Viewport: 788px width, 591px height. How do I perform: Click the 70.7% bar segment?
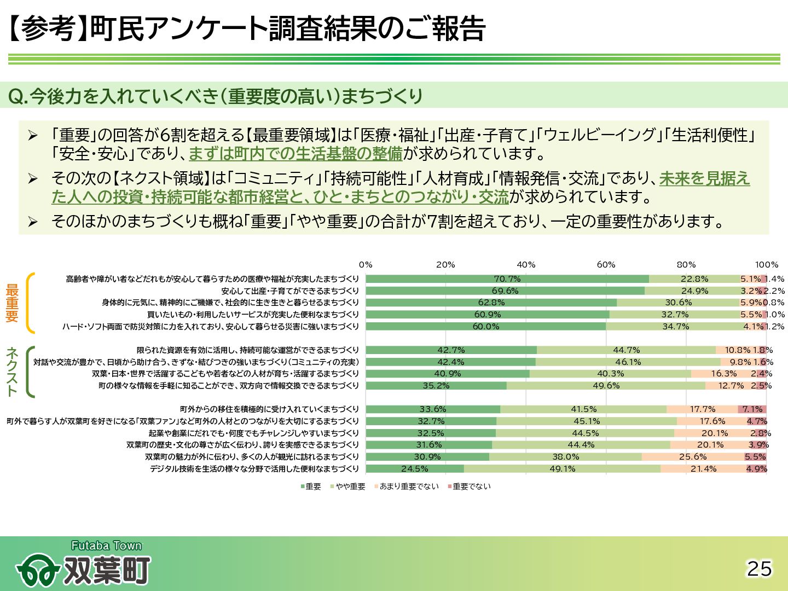pos(507,279)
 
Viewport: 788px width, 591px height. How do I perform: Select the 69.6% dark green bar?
pos(505,291)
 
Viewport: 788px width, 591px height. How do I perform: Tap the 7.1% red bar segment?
pos(752,409)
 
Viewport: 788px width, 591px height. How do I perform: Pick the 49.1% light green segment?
pos(562,469)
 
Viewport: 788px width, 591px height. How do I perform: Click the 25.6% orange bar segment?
pos(693,457)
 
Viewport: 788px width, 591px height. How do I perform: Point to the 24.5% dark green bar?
pos(414,469)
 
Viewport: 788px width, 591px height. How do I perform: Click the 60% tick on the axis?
pos(606,265)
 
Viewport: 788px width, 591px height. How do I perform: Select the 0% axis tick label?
pos(366,265)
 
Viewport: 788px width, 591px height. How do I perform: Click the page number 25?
pos(760,569)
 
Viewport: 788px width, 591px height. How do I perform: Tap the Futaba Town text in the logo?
pos(106,546)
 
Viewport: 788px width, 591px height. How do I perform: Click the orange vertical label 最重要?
pos(12,303)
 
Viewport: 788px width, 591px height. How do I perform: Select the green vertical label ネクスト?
pos(12,372)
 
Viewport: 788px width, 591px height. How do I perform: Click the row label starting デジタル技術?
pos(254,469)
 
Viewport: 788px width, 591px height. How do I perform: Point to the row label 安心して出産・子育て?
pos(290,291)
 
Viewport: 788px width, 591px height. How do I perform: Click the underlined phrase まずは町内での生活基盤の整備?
pos(296,154)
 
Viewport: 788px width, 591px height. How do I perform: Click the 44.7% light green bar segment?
pos(626,350)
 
